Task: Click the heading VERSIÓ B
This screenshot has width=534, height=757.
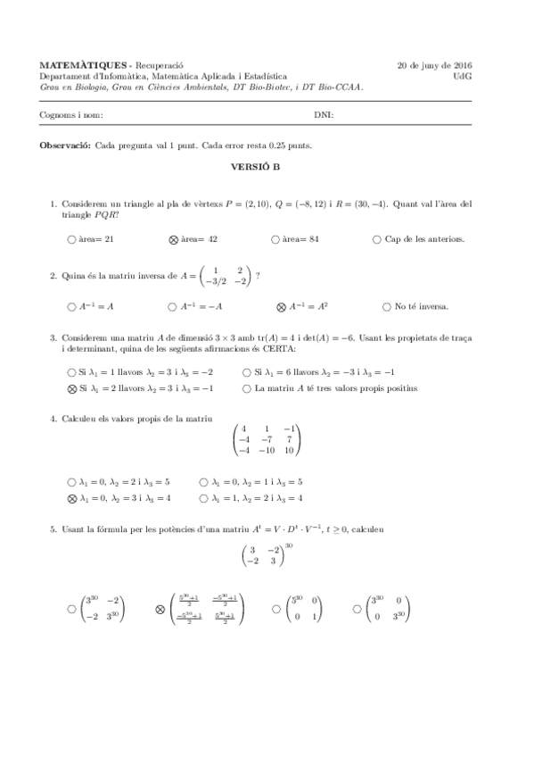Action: pyautogui.click(x=267, y=166)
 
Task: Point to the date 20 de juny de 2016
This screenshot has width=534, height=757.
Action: pyautogui.click(x=434, y=66)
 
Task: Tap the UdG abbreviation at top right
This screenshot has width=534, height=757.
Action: pyautogui.click(x=463, y=77)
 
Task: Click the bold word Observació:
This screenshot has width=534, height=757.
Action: pyautogui.click(x=66, y=145)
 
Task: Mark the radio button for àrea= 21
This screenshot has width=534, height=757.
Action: pyautogui.click(x=71, y=239)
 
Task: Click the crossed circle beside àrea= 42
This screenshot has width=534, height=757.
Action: pyautogui.click(x=174, y=239)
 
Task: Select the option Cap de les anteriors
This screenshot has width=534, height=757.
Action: pyautogui.click(x=378, y=239)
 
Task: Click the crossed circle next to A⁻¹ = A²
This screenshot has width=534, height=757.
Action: pyautogui.click(x=281, y=307)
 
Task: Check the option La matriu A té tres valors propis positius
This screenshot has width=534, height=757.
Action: pyautogui.click(x=247, y=388)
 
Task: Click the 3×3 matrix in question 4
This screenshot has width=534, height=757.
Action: pyautogui.click(x=267, y=441)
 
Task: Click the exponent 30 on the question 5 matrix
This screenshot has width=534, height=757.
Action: pyautogui.click(x=289, y=546)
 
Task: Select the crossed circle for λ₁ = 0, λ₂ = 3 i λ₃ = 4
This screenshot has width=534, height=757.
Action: pyautogui.click(x=71, y=497)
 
